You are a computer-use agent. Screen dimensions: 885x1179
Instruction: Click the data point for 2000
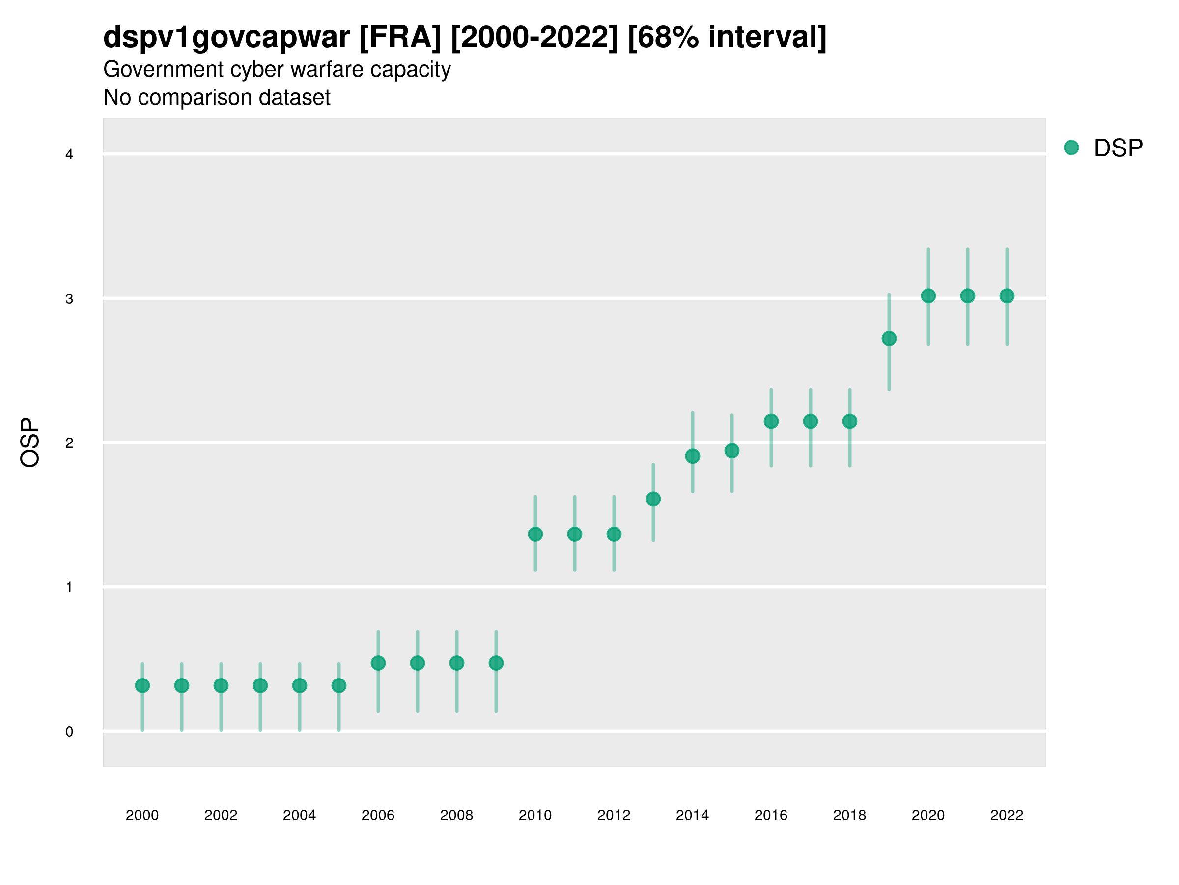point(142,685)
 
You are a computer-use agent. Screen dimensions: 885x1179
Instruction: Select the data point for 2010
point(535,534)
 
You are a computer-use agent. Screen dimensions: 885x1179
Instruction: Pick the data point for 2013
point(653,499)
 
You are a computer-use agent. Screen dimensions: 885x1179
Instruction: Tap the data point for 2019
point(889,338)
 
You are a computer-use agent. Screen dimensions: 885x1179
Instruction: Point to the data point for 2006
point(378,663)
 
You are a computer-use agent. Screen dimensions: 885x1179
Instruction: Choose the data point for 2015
point(732,451)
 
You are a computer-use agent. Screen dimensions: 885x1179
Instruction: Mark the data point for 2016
point(771,421)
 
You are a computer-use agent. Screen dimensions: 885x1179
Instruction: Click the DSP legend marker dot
point(1071,148)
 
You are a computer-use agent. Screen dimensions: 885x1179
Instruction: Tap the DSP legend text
point(1118,148)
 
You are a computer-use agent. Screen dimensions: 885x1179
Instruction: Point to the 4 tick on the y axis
point(69,155)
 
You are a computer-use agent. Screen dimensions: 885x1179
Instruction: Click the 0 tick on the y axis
point(69,732)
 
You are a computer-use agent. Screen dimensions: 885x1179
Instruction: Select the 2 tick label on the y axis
point(69,443)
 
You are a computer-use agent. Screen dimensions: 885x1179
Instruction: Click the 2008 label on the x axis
point(456,815)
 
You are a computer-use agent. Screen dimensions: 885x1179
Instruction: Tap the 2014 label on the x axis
point(692,815)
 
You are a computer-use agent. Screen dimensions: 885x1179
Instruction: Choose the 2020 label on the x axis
point(928,815)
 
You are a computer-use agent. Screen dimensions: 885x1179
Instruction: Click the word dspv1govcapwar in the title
point(226,37)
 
